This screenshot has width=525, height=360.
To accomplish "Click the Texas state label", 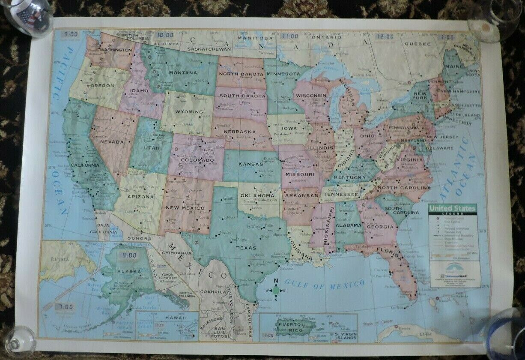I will point(246,248).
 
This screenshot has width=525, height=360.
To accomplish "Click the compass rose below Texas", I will point(276,290).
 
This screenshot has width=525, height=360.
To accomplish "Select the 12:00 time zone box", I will point(384,37).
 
